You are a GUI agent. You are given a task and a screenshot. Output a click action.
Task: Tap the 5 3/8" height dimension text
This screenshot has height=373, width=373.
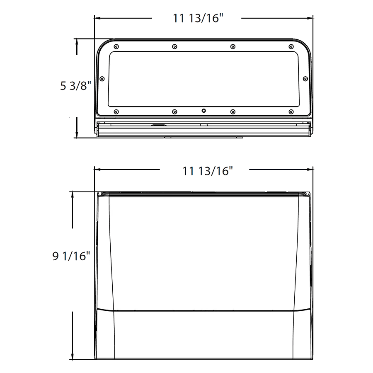[75, 86]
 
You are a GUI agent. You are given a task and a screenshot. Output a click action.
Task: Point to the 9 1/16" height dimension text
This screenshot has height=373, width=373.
[71, 257]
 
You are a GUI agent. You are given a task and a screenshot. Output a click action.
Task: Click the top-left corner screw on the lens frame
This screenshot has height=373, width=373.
[116, 46]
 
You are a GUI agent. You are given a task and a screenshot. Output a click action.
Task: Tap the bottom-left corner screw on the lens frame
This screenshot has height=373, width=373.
[116, 111]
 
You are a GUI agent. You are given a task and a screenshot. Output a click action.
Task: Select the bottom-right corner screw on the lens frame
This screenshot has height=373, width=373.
[291, 111]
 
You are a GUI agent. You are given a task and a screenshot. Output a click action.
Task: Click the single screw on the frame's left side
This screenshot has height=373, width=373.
[102, 79]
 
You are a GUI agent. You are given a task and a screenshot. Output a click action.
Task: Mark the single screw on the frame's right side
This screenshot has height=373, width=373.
[305, 79]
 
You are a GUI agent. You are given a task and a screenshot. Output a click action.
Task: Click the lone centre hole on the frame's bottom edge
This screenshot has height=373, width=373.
[203, 111]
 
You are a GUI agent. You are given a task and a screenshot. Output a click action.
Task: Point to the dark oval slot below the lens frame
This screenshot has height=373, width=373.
[158, 125]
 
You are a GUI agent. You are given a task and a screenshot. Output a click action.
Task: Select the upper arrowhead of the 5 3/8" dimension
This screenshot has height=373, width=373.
[77, 41]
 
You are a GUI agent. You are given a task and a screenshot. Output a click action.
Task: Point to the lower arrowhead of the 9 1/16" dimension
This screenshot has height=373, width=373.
[73, 357]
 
